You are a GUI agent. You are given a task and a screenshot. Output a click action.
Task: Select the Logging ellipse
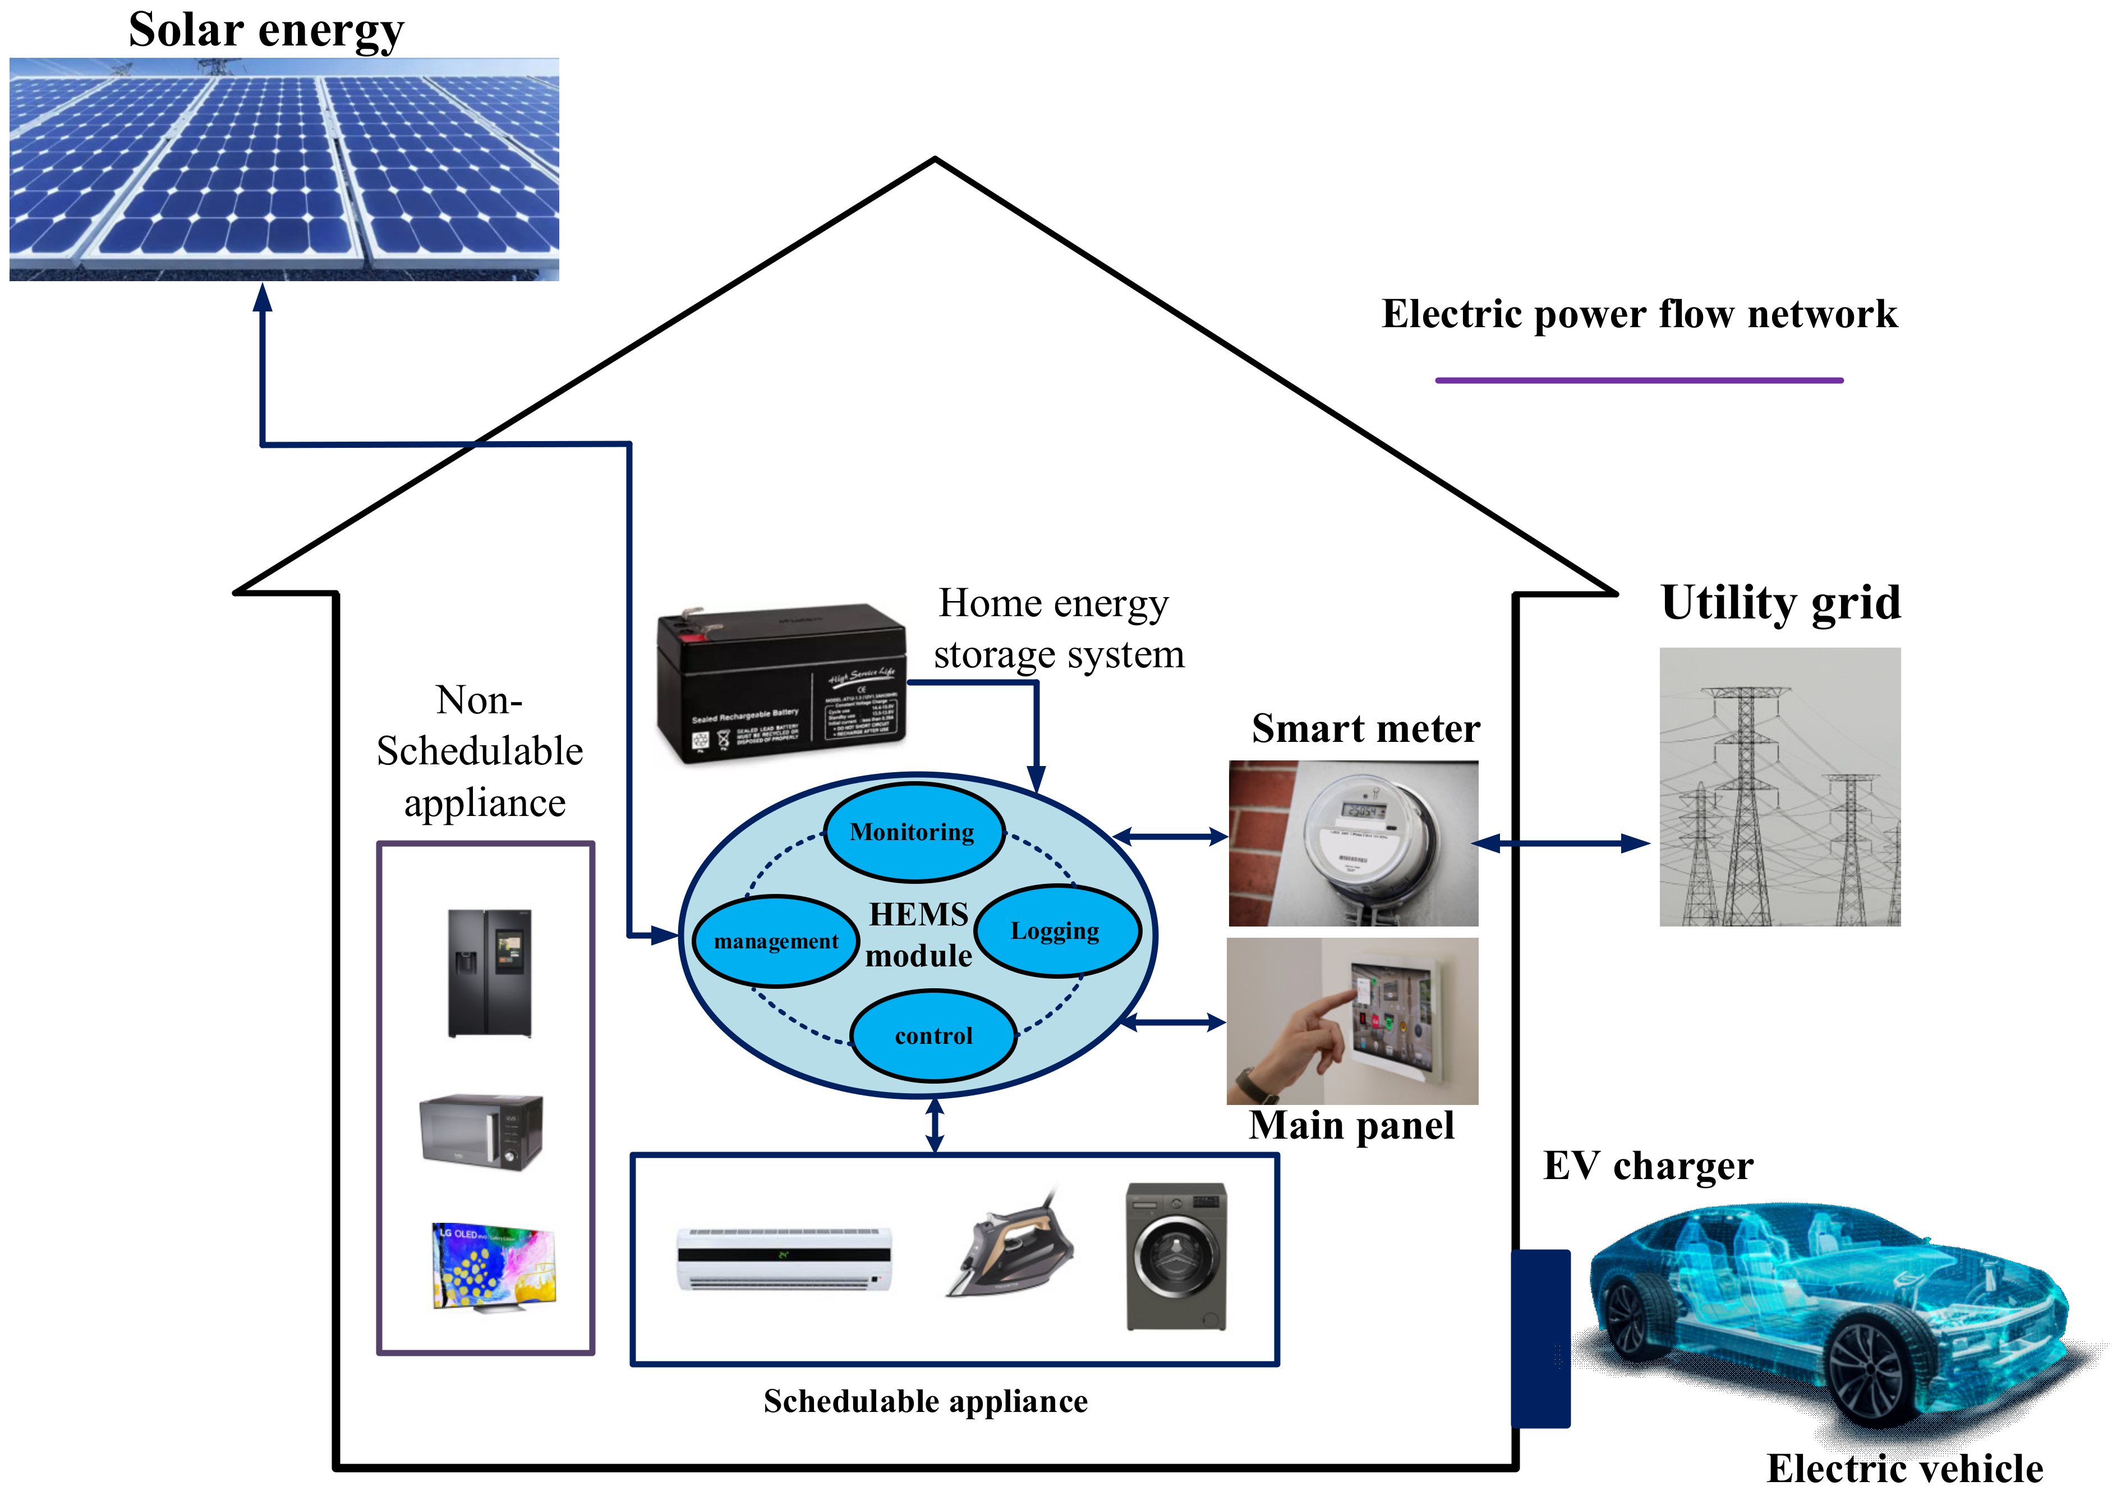coord(1056,930)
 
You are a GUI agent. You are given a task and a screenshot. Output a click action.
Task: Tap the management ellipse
coord(776,941)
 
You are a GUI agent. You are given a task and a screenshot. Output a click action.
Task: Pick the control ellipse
coord(933,1035)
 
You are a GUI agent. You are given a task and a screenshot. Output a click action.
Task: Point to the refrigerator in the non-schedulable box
coord(490,973)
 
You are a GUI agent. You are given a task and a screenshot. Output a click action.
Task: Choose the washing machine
coord(1176,1255)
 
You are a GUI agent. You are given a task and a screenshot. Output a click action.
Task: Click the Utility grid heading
coord(1780,603)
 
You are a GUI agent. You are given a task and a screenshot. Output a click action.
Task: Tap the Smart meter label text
coord(1365,728)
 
